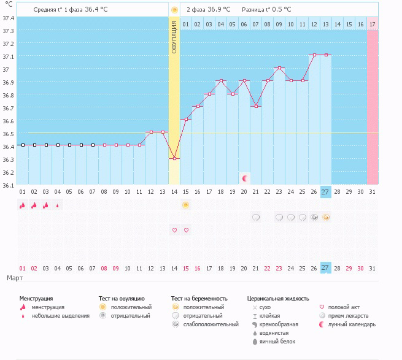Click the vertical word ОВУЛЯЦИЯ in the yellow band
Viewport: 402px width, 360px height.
coord(174,36)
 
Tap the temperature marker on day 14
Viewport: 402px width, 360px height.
coord(174,158)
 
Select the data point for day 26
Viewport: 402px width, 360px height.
coord(314,55)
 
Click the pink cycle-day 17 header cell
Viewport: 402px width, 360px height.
coord(372,24)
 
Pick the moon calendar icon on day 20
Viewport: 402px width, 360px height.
coord(244,178)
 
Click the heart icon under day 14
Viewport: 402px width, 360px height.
coord(174,230)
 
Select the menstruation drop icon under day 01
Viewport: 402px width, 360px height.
coord(22,205)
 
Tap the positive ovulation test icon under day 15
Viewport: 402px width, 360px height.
coord(186,205)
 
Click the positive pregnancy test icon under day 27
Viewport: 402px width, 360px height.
coord(326,217)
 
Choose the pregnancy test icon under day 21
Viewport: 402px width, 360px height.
coord(256,217)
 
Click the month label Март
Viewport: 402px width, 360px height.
coord(15,278)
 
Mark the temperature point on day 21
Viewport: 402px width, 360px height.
coord(256,106)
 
